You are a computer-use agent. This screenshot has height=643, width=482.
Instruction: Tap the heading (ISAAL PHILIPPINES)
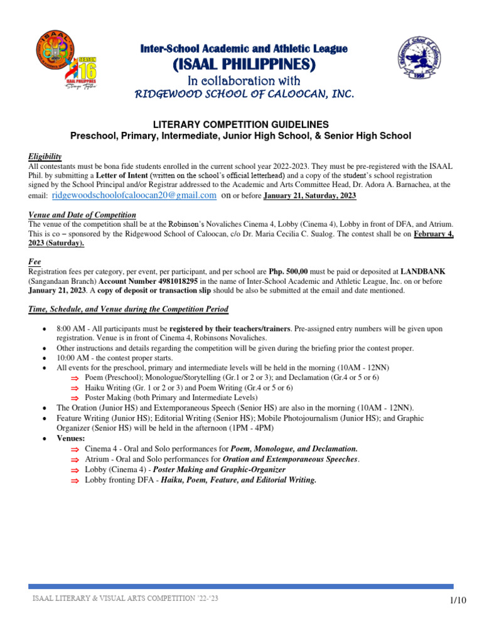pyautogui.click(x=244, y=65)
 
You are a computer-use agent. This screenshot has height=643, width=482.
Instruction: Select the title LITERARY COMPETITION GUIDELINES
pyautogui.click(x=240, y=124)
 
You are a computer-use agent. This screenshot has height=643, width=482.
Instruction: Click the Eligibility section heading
pyautogui.click(x=45, y=156)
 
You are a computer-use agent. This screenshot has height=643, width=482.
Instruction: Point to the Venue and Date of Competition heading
pyautogui.click(x=82, y=215)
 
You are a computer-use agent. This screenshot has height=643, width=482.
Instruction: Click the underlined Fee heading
pyautogui.click(x=35, y=261)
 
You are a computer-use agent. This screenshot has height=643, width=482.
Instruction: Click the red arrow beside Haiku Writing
pyautogui.click(x=74, y=388)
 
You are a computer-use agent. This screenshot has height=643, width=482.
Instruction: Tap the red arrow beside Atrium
pyautogui.click(x=74, y=460)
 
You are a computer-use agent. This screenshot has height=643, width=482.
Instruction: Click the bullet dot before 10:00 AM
pyautogui.click(x=42, y=358)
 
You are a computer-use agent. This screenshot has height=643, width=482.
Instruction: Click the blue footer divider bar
pyautogui.click(x=240, y=586)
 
